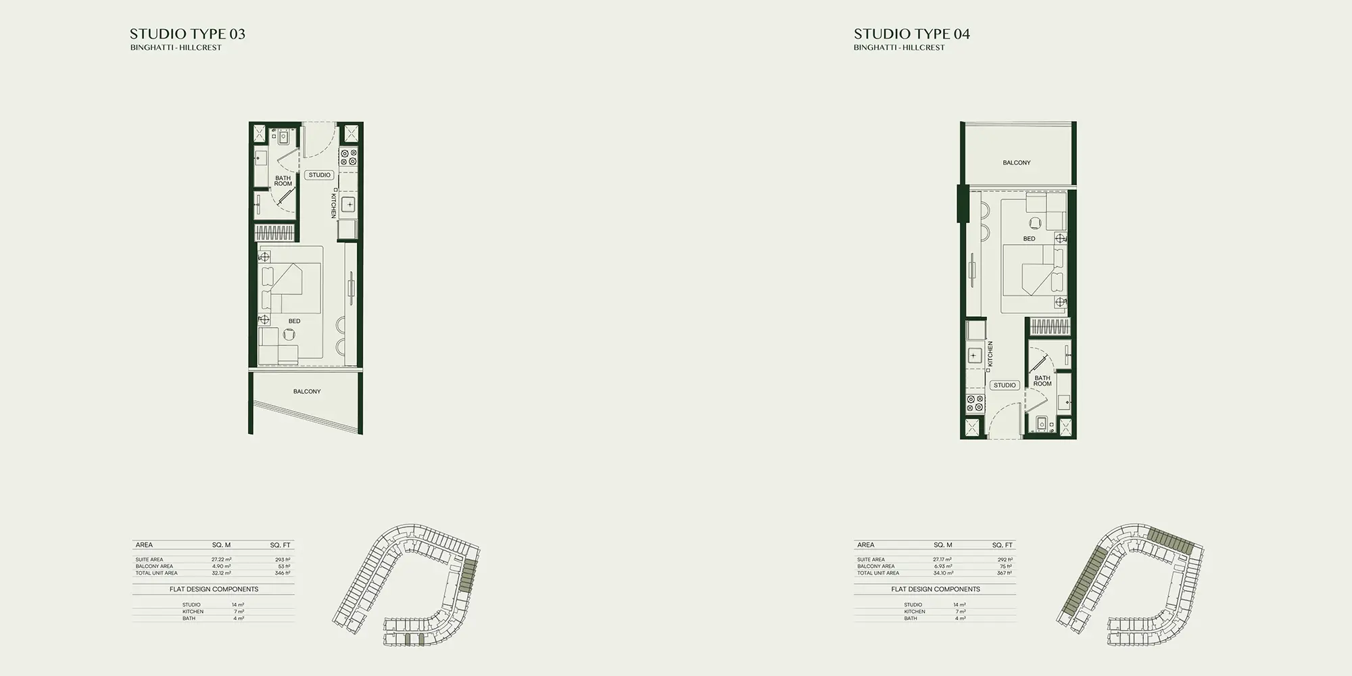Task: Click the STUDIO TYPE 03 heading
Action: pos(187,34)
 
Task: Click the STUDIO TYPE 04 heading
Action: pos(911,34)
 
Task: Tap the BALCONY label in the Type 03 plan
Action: pos(307,391)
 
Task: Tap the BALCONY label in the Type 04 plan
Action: pos(1017,163)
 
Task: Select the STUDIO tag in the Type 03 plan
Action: pos(319,175)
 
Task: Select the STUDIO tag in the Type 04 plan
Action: pos(1005,385)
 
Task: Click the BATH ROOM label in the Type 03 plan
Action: pos(283,181)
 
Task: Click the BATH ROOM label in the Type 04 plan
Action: pos(1042,381)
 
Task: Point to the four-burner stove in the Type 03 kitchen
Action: pos(349,158)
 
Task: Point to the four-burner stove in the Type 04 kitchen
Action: pos(975,404)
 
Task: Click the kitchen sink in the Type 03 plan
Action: pos(349,205)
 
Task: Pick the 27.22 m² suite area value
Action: pos(222,560)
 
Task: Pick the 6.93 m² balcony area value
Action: pos(943,566)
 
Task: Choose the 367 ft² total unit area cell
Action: pos(1005,573)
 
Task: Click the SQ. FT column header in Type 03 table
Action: pos(280,545)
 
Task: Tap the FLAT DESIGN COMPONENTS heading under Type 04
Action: pos(936,589)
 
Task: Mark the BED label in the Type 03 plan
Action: pos(294,321)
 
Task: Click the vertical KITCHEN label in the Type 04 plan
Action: pos(990,354)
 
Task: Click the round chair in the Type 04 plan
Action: pos(1036,222)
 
